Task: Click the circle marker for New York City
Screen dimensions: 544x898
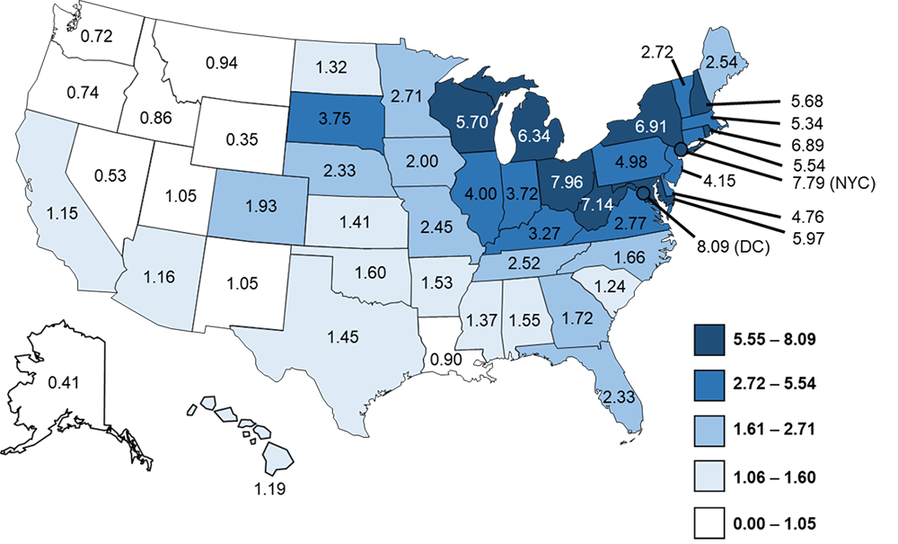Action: tap(681, 149)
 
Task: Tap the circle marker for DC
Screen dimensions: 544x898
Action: tap(643, 192)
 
